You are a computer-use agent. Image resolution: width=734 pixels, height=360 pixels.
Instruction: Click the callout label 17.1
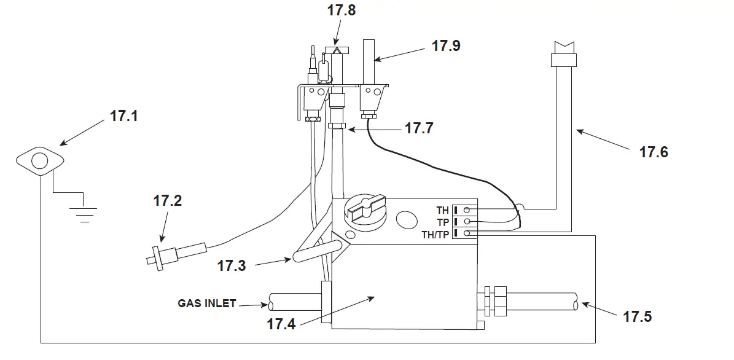point(125,116)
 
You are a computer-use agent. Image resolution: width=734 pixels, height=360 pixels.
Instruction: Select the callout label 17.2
point(168,200)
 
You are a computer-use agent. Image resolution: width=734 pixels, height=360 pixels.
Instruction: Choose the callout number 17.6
point(653,152)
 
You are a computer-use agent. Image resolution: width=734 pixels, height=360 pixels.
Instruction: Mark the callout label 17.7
point(419,129)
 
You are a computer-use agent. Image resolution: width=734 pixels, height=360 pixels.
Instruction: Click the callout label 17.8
point(342,10)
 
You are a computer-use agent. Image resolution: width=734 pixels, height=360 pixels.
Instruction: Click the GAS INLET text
point(206,303)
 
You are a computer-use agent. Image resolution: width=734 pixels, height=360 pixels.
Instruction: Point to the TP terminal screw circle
point(467,221)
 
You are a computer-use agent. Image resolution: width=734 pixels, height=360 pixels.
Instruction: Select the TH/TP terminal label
point(435,234)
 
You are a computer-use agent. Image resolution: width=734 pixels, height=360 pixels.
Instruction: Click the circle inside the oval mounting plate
point(39,162)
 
